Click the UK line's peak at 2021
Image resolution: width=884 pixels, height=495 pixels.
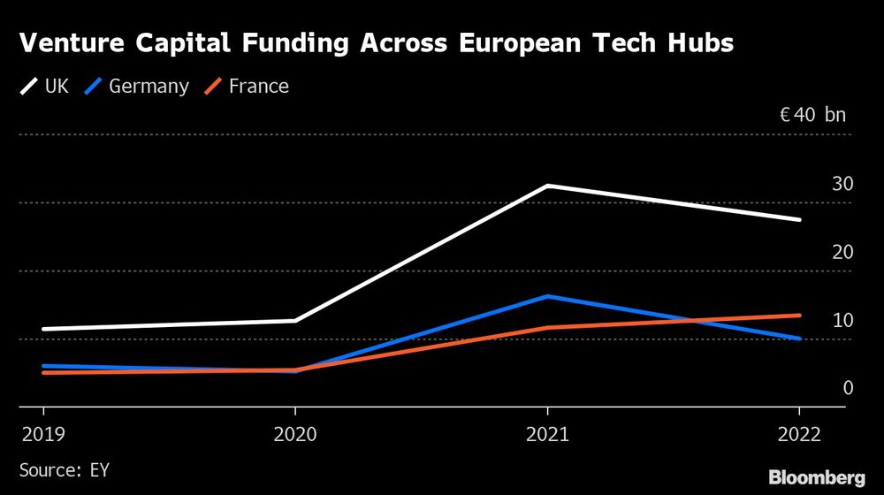[x=547, y=186]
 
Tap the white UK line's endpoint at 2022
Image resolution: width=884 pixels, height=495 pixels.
[x=799, y=219]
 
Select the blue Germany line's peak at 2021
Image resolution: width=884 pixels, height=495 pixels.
[x=547, y=296]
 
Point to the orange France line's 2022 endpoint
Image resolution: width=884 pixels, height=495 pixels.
[x=799, y=316]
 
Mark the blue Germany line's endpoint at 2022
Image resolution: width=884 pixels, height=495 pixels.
[x=799, y=339]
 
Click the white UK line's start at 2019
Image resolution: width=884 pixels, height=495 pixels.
[x=43, y=329]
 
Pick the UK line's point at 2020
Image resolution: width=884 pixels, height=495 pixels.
[x=295, y=321]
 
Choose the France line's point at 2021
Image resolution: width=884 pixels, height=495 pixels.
[x=547, y=328]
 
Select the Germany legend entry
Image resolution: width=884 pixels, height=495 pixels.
[x=137, y=87]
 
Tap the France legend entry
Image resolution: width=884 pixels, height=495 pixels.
[x=248, y=87]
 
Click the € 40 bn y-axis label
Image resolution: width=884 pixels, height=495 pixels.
[x=812, y=115]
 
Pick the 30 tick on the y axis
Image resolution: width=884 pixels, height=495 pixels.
[x=842, y=184]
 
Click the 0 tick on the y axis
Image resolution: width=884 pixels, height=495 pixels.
[x=848, y=388]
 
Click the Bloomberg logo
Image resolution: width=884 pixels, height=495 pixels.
[x=816, y=477]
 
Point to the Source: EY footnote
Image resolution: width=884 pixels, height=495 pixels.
[x=64, y=470]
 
